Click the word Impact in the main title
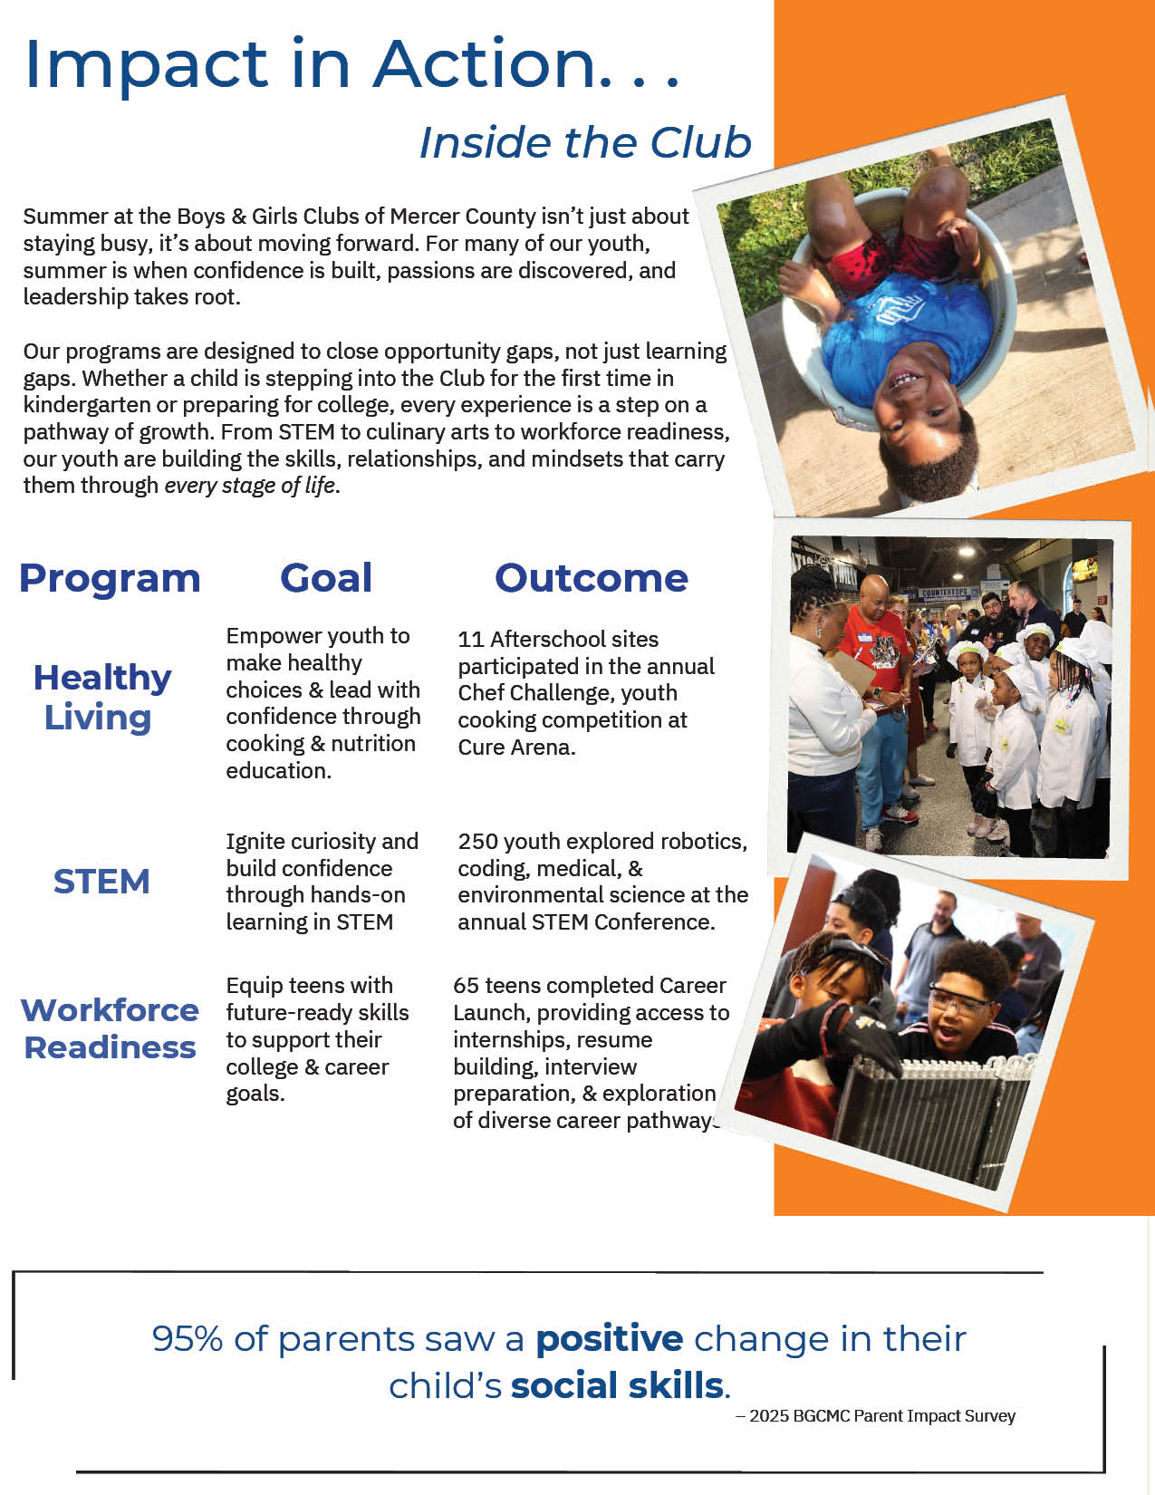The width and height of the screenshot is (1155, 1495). pos(145,65)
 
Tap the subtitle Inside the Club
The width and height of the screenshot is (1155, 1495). pos(585,142)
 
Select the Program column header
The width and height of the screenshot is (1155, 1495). pos(110,578)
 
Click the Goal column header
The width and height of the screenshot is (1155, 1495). pos(326,578)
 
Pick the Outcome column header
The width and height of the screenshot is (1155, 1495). pos(591,578)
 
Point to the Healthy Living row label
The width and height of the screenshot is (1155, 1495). pos(101,697)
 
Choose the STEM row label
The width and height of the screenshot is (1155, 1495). pos(101,882)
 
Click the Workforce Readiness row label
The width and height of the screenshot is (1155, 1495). pos(110,1028)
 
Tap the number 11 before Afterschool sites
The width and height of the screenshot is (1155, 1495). pos(470,640)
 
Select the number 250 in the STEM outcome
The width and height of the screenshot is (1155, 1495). pos(477,842)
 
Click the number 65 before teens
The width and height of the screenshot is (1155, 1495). pos(466,986)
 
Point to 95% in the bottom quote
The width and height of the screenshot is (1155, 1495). pos(188,1339)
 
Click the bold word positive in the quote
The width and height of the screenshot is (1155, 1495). pos(609,1339)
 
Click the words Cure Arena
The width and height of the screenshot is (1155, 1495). pos(515,747)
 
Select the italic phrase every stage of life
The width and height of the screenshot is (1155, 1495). pos(249,486)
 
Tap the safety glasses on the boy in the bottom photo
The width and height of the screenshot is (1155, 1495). pos(958,1005)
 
